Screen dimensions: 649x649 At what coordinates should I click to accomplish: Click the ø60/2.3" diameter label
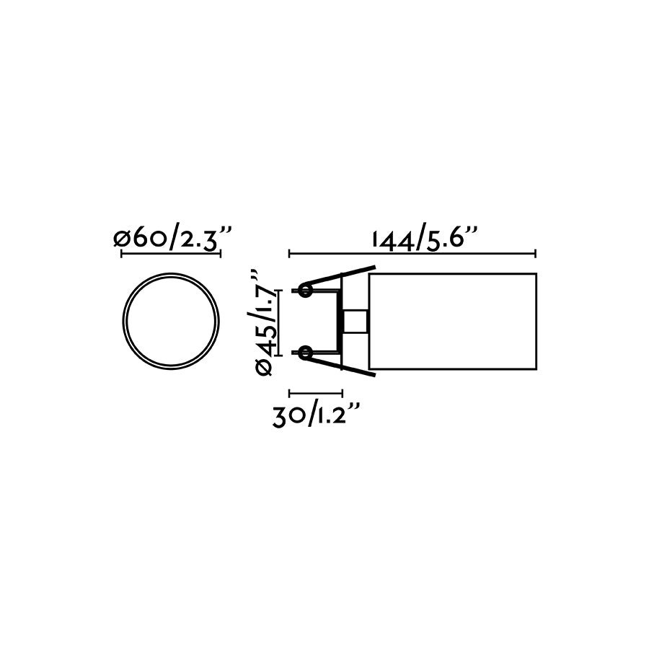173,239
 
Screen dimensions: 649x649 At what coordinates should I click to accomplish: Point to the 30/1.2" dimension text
316,416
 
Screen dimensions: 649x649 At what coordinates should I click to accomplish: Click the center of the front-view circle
170,320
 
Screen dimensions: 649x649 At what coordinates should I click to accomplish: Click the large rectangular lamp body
453,321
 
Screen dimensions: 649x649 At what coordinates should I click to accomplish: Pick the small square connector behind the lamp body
356,321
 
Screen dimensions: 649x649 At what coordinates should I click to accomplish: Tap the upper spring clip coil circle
304,291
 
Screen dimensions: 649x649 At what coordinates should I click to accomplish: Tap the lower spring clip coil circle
304,352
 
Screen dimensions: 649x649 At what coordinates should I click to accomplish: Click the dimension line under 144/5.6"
412,254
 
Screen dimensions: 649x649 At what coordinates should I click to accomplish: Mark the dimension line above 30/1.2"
315,394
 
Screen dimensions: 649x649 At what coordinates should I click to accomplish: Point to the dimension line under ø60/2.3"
170,254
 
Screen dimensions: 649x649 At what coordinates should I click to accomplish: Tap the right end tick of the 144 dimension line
535,254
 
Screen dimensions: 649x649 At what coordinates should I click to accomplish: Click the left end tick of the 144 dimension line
289,254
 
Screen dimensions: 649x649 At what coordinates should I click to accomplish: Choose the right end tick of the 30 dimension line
341,394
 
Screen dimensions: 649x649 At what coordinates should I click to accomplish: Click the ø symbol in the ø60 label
121,239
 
